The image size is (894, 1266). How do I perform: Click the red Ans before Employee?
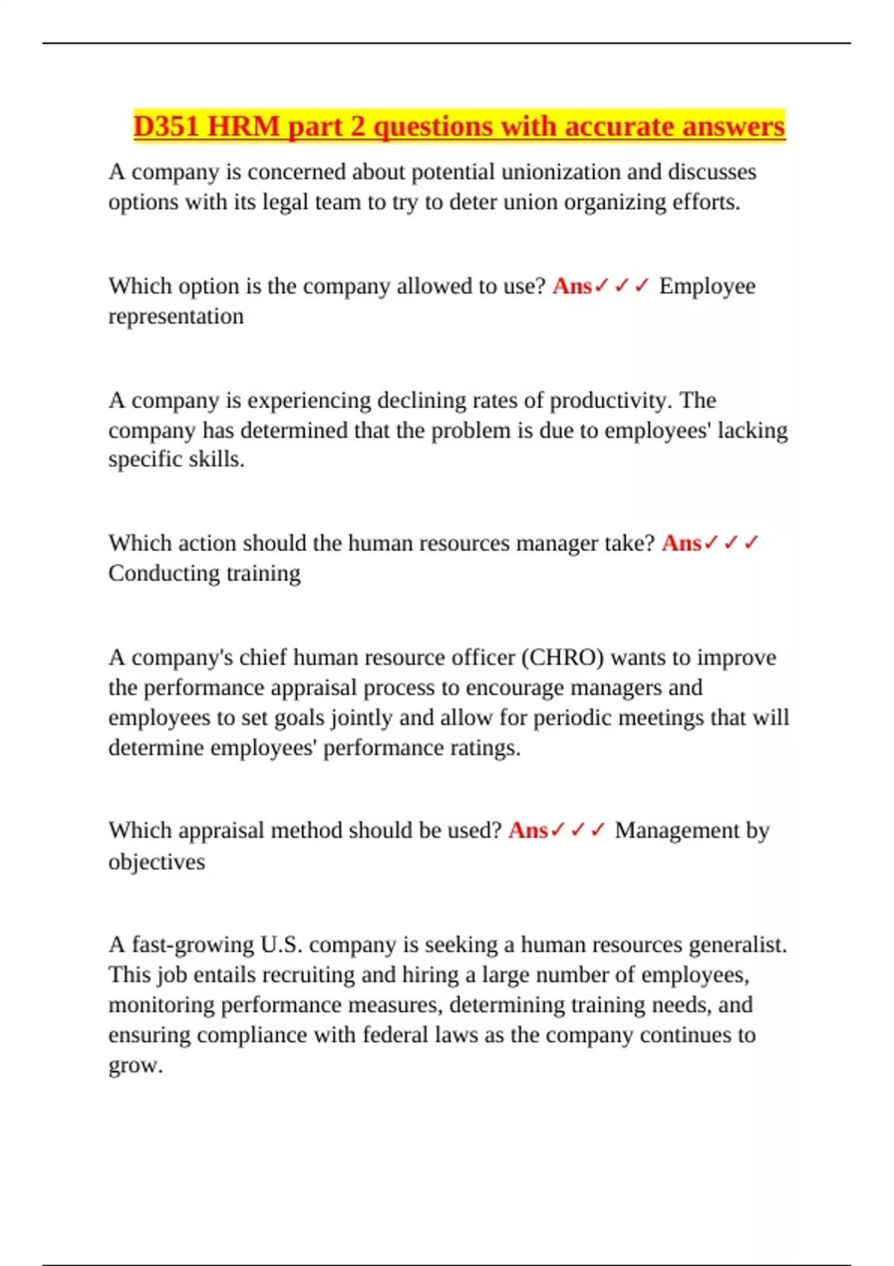tap(572, 286)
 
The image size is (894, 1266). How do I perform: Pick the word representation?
tap(176, 316)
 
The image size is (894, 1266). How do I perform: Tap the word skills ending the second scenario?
tap(217, 459)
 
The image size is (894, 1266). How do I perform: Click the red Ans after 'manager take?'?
tap(681, 544)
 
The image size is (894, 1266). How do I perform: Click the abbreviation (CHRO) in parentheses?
tap(562, 658)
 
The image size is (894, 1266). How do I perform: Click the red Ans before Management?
tap(527, 830)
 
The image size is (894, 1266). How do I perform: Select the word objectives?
tap(156, 862)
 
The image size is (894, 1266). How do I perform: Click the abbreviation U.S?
tap(282, 945)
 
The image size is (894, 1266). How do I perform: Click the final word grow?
tap(135, 1066)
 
